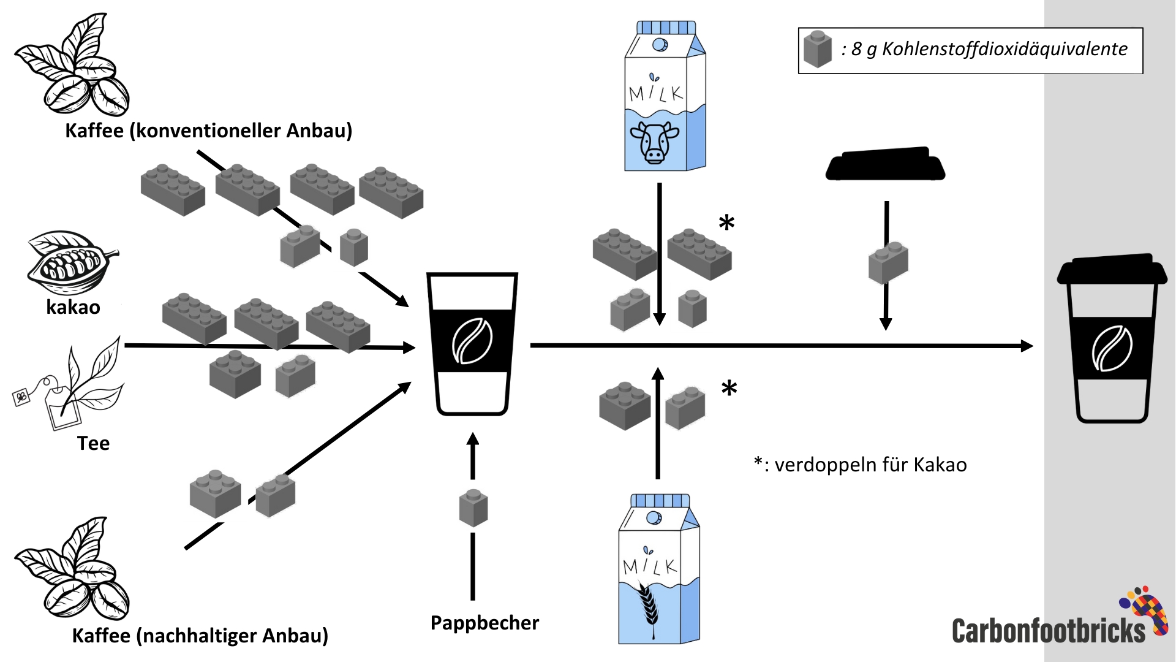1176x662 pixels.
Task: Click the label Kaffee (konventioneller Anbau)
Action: pos(208,131)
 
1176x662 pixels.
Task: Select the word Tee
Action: pos(93,443)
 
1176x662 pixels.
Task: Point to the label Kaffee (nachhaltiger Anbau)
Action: pos(200,636)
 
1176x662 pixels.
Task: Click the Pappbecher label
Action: pos(484,623)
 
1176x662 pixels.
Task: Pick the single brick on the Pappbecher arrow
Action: pos(473,508)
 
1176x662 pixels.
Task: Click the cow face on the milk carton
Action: pos(654,141)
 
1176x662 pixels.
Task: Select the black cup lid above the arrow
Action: pos(885,163)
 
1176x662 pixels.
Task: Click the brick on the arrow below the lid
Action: pos(888,262)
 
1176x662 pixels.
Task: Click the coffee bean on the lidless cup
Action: pos(472,341)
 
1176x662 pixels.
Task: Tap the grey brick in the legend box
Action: pos(817,49)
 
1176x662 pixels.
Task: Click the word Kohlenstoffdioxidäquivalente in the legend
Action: pos(1005,49)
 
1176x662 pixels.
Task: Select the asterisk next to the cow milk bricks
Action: pos(726,223)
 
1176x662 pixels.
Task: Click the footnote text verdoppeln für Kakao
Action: pos(870,465)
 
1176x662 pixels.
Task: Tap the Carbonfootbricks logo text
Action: pos(1048,630)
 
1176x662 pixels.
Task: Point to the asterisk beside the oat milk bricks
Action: pos(729,388)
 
